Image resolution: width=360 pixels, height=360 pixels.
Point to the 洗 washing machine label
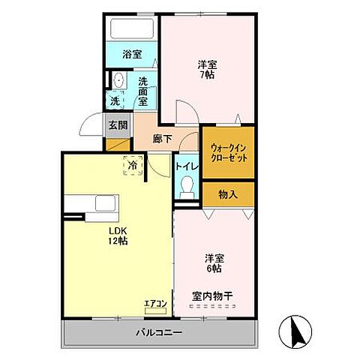[115, 100]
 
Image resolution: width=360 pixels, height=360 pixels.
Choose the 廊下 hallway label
[163, 138]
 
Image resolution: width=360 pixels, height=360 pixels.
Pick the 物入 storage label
[228, 194]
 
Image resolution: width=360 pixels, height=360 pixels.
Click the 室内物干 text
[212, 295]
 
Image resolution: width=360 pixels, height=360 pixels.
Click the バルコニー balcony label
[160, 331]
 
